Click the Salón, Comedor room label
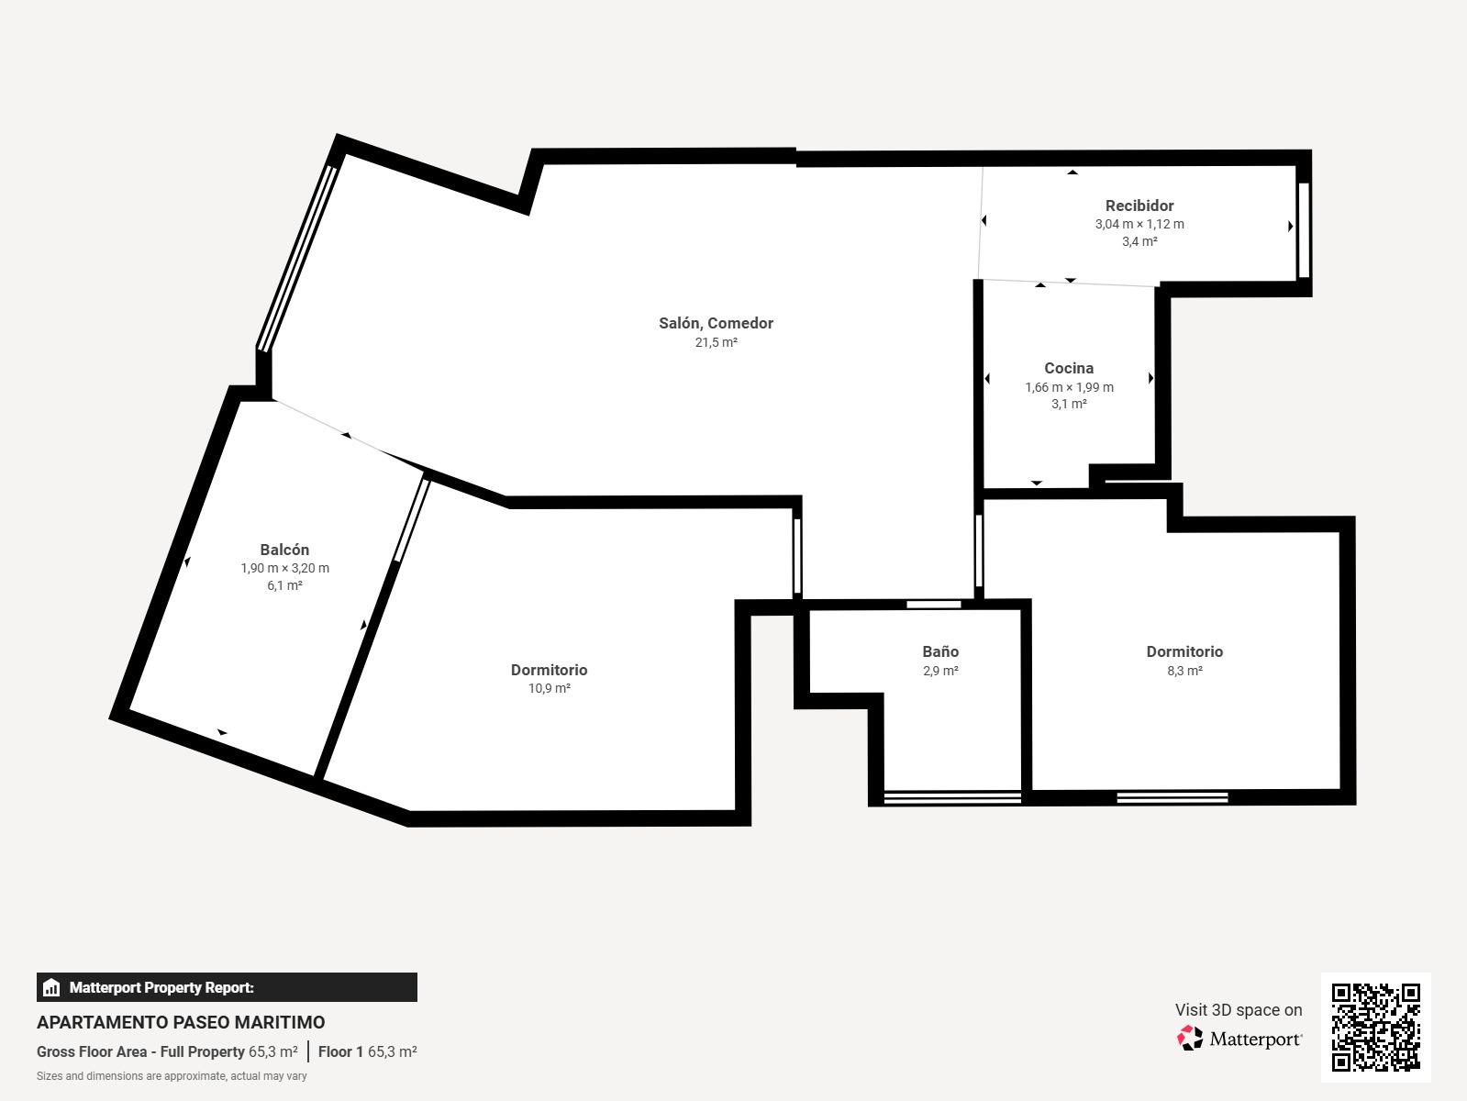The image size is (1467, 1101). (x=716, y=323)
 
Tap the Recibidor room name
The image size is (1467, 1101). (x=1139, y=206)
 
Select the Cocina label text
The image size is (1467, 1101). (x=1069, y=368)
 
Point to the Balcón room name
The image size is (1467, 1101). (x=284, y=550)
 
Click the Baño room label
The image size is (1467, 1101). (x=940, y=651)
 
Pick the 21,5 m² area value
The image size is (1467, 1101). (x=716, y=343)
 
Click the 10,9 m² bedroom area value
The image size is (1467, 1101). (x=550, y=688)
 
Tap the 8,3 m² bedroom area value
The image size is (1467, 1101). (x=1185, y=671)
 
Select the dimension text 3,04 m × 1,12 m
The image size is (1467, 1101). (x=1139, y=225)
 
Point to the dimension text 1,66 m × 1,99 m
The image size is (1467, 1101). (x=1070, y=387)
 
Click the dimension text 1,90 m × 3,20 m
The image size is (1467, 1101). (x=284, y=569)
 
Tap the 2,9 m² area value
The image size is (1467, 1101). (x=940, y=671)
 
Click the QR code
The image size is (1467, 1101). (x=1376, y=1028)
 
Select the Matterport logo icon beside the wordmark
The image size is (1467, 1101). (x=1190, y=1039)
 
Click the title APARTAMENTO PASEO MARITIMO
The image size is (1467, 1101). (x=181, y=1022)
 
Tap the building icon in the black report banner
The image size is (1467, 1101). (x=51, y=987)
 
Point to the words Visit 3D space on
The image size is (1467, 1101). (x=1239, y=1010)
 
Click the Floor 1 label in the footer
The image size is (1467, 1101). (x=340, y=1051)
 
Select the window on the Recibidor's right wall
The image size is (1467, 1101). (x=1304, y=229)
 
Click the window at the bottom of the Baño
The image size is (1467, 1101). (x=952, y=797)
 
